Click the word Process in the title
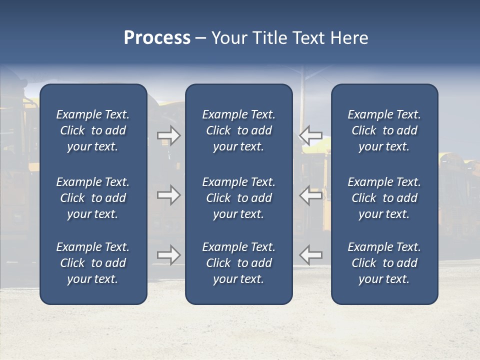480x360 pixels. point(157,38)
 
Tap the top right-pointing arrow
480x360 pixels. point(169,135)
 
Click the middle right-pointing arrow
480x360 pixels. point(169,195)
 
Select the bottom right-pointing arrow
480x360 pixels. point(169,255)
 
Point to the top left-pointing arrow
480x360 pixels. point(311,135)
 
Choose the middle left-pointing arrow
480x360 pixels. point(311,195)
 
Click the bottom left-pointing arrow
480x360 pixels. point(311,255)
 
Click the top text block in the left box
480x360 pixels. point(93,130)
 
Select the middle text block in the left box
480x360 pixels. point(93,198)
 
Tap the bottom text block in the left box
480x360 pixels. point(93,263)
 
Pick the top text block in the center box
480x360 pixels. point(239,130)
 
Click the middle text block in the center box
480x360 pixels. point(239,198)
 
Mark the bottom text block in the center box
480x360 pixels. point(239,263)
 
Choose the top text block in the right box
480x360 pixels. point(384,130)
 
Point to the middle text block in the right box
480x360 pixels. point(384,198)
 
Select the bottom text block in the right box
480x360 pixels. point(384,263)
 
